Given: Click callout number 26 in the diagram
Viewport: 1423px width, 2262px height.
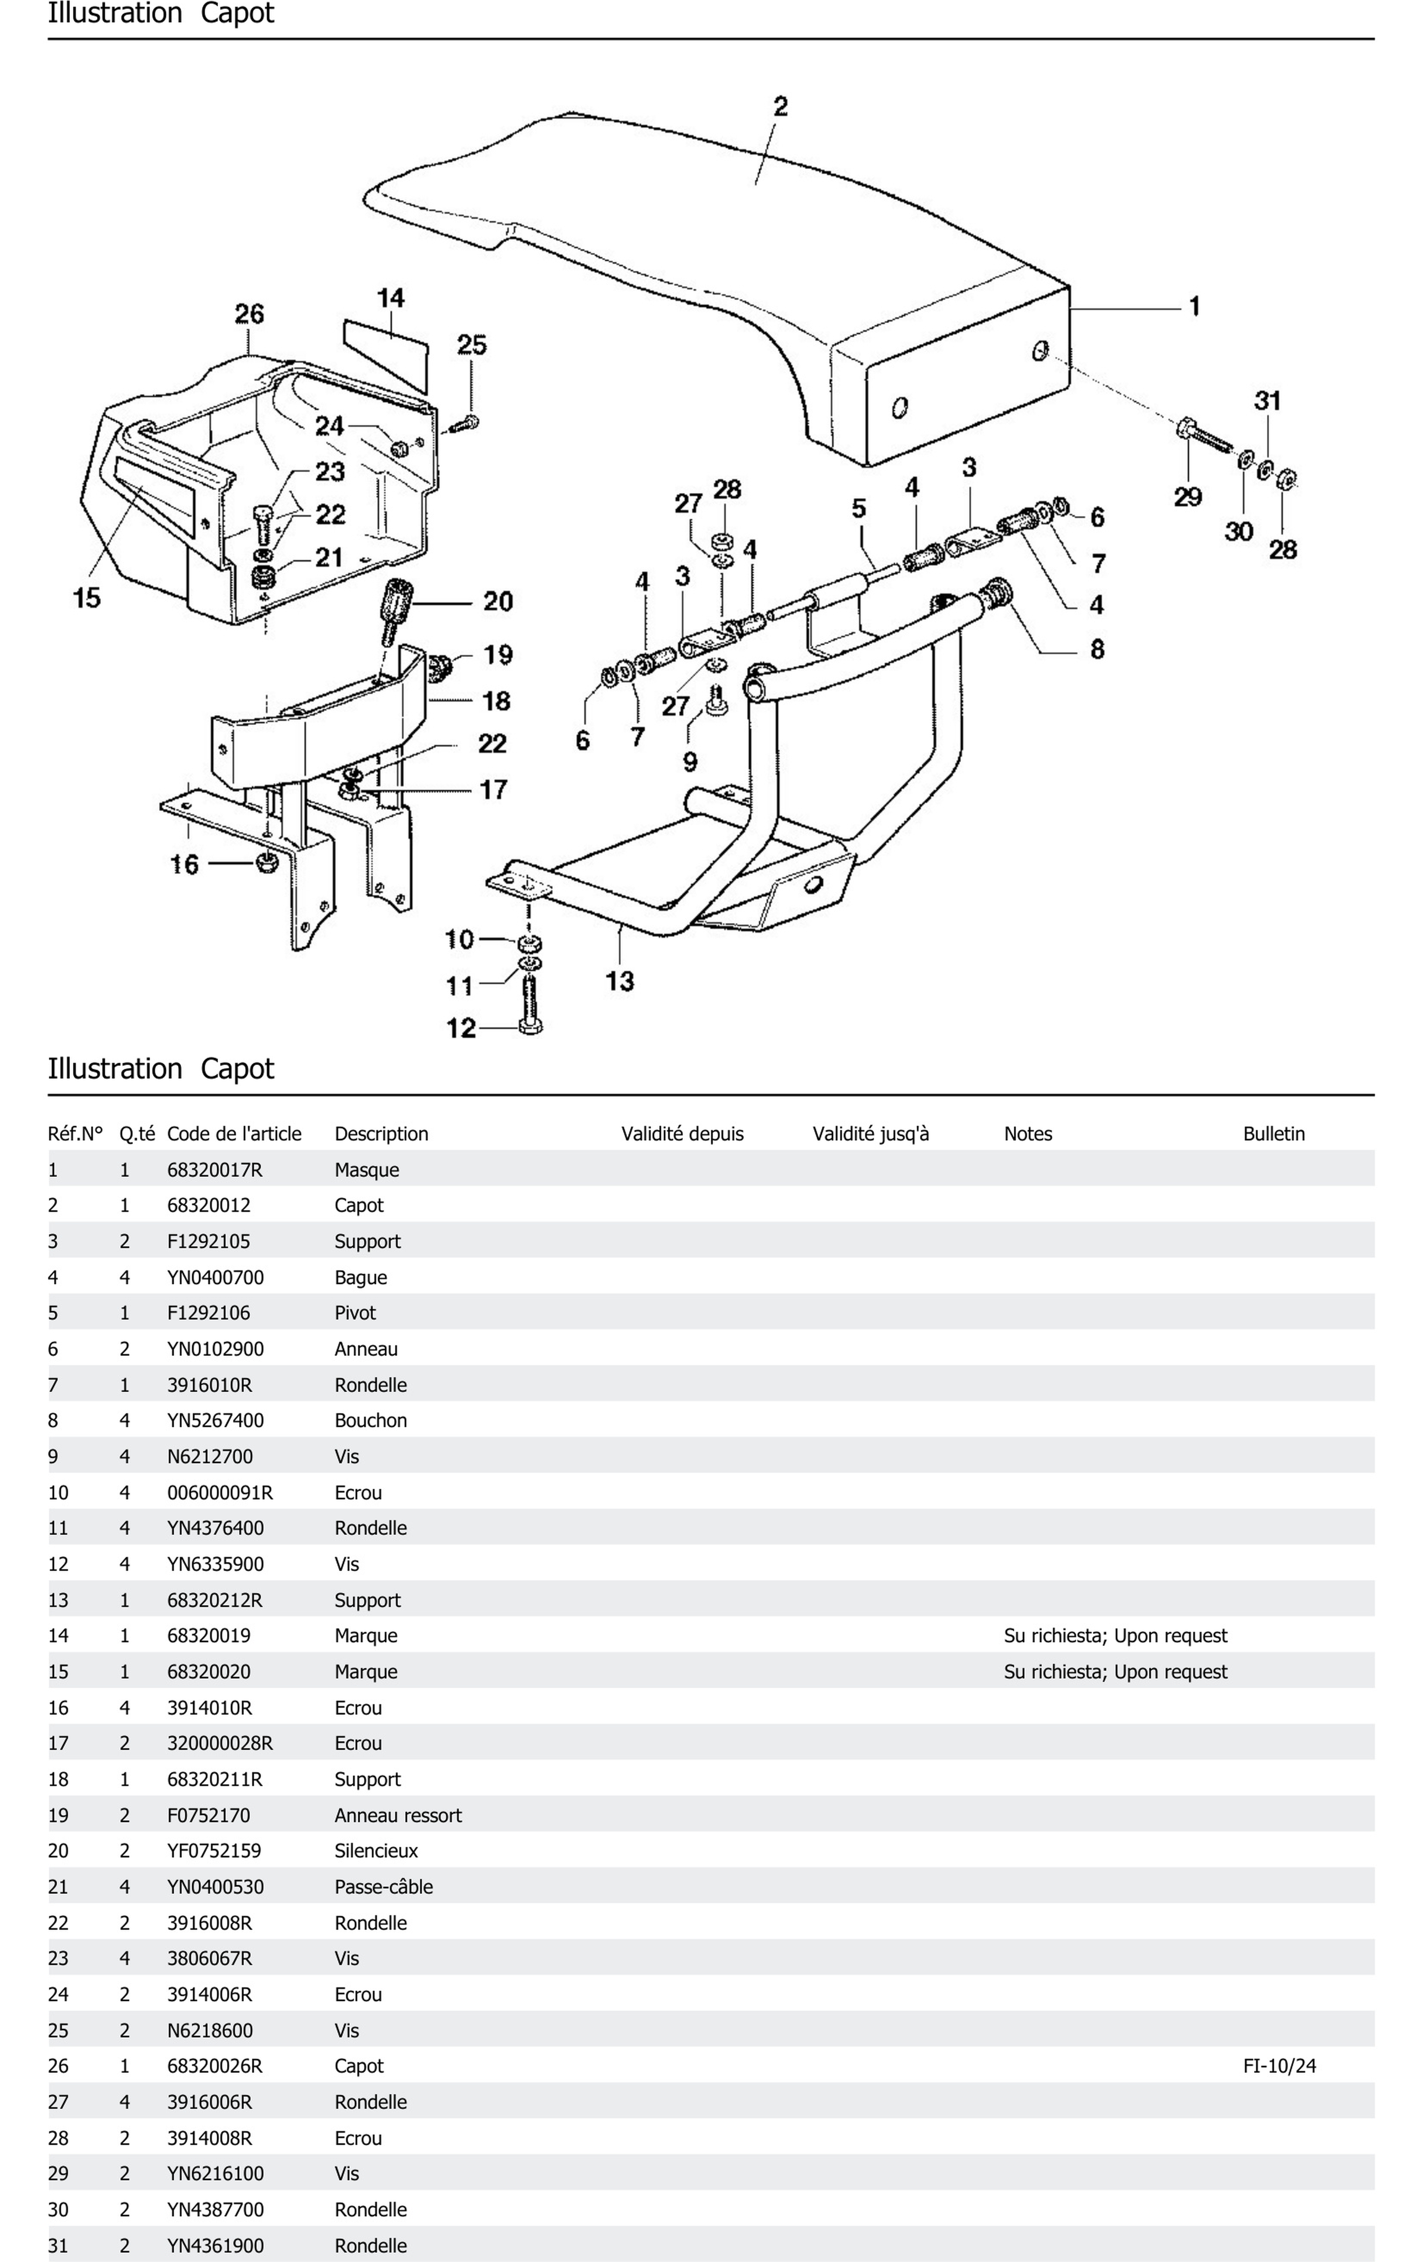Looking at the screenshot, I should pyautogui.click(x=249, y=314).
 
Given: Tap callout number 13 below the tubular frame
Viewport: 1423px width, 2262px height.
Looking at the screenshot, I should pyautogui.click(x=619, y=981).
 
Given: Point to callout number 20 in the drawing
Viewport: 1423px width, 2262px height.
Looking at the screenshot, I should pyautogui.click(x=498, y=601).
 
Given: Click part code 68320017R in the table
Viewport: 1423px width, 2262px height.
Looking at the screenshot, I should pyautogui.click(x=214, y=1169).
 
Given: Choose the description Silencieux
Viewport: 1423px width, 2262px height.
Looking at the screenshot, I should pyautogui.click(x=376, y=1851).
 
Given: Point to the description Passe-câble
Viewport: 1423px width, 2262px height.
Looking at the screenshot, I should pyautogui.click(x=383, y=1886).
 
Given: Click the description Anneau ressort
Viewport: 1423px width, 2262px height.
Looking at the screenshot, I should pyautogui.click(x=397, y=1815).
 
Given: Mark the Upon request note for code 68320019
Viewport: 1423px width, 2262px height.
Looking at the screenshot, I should pyautogui.click(x=1115, y=1635).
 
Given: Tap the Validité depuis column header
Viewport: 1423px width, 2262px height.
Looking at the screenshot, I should pyautogui.click(x=682, y=1134).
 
